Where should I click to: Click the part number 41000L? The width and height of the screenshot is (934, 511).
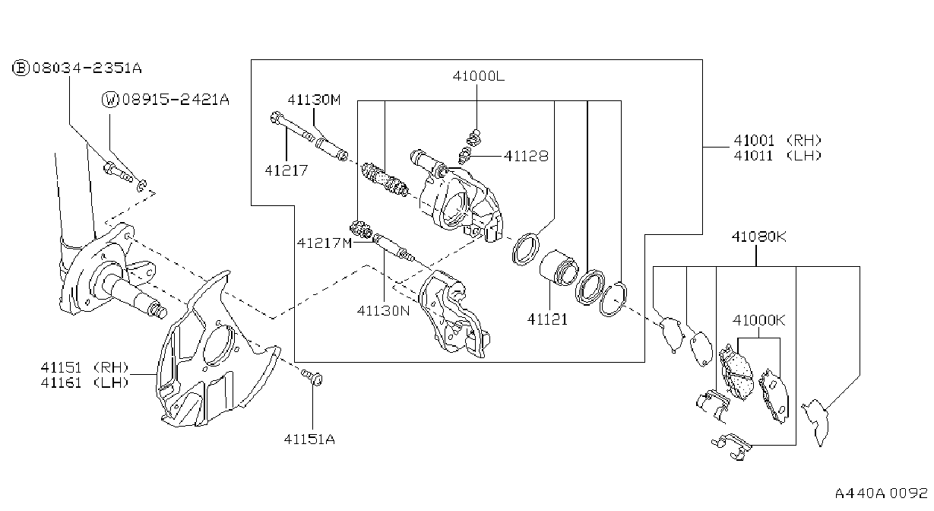(478, 76)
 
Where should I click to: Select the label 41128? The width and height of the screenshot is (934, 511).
(526, 156)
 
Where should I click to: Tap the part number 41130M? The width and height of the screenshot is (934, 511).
(314, 100)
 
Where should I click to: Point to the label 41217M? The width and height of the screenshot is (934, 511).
(325, 243)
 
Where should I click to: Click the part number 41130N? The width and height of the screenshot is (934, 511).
(383, 311)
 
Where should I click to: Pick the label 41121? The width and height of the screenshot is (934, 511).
(547, 319)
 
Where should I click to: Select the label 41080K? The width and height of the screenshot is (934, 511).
(759, 237)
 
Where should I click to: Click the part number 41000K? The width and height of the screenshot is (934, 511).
(759, 320)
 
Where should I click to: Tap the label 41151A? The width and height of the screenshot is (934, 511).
(309, 440)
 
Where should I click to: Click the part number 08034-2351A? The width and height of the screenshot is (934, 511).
(87, 68)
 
